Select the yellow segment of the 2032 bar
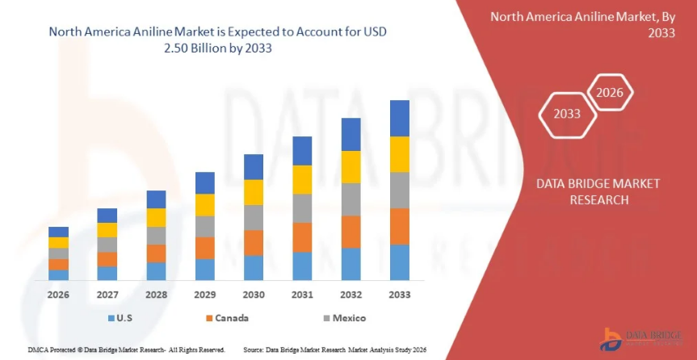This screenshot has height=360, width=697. [351, 167]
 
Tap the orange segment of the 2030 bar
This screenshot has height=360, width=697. [254, 243]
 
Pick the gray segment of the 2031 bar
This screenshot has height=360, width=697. [302, 208]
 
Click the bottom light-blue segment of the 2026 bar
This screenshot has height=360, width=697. [58, 275]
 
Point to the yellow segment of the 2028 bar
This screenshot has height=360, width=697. [156, 217]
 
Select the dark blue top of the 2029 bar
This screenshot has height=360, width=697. [205, 182]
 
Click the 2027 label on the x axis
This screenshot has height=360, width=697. [107, 295]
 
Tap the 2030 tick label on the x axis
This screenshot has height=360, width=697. [254, 295]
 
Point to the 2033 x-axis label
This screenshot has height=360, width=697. [399, 295]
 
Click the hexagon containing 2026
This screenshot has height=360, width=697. [609, 93]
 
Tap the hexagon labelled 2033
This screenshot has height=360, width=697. [567, 114]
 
